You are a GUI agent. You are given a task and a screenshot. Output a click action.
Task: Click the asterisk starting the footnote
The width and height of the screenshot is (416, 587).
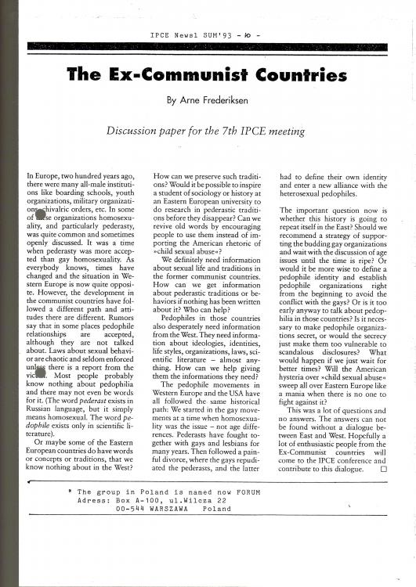point(71,492)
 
